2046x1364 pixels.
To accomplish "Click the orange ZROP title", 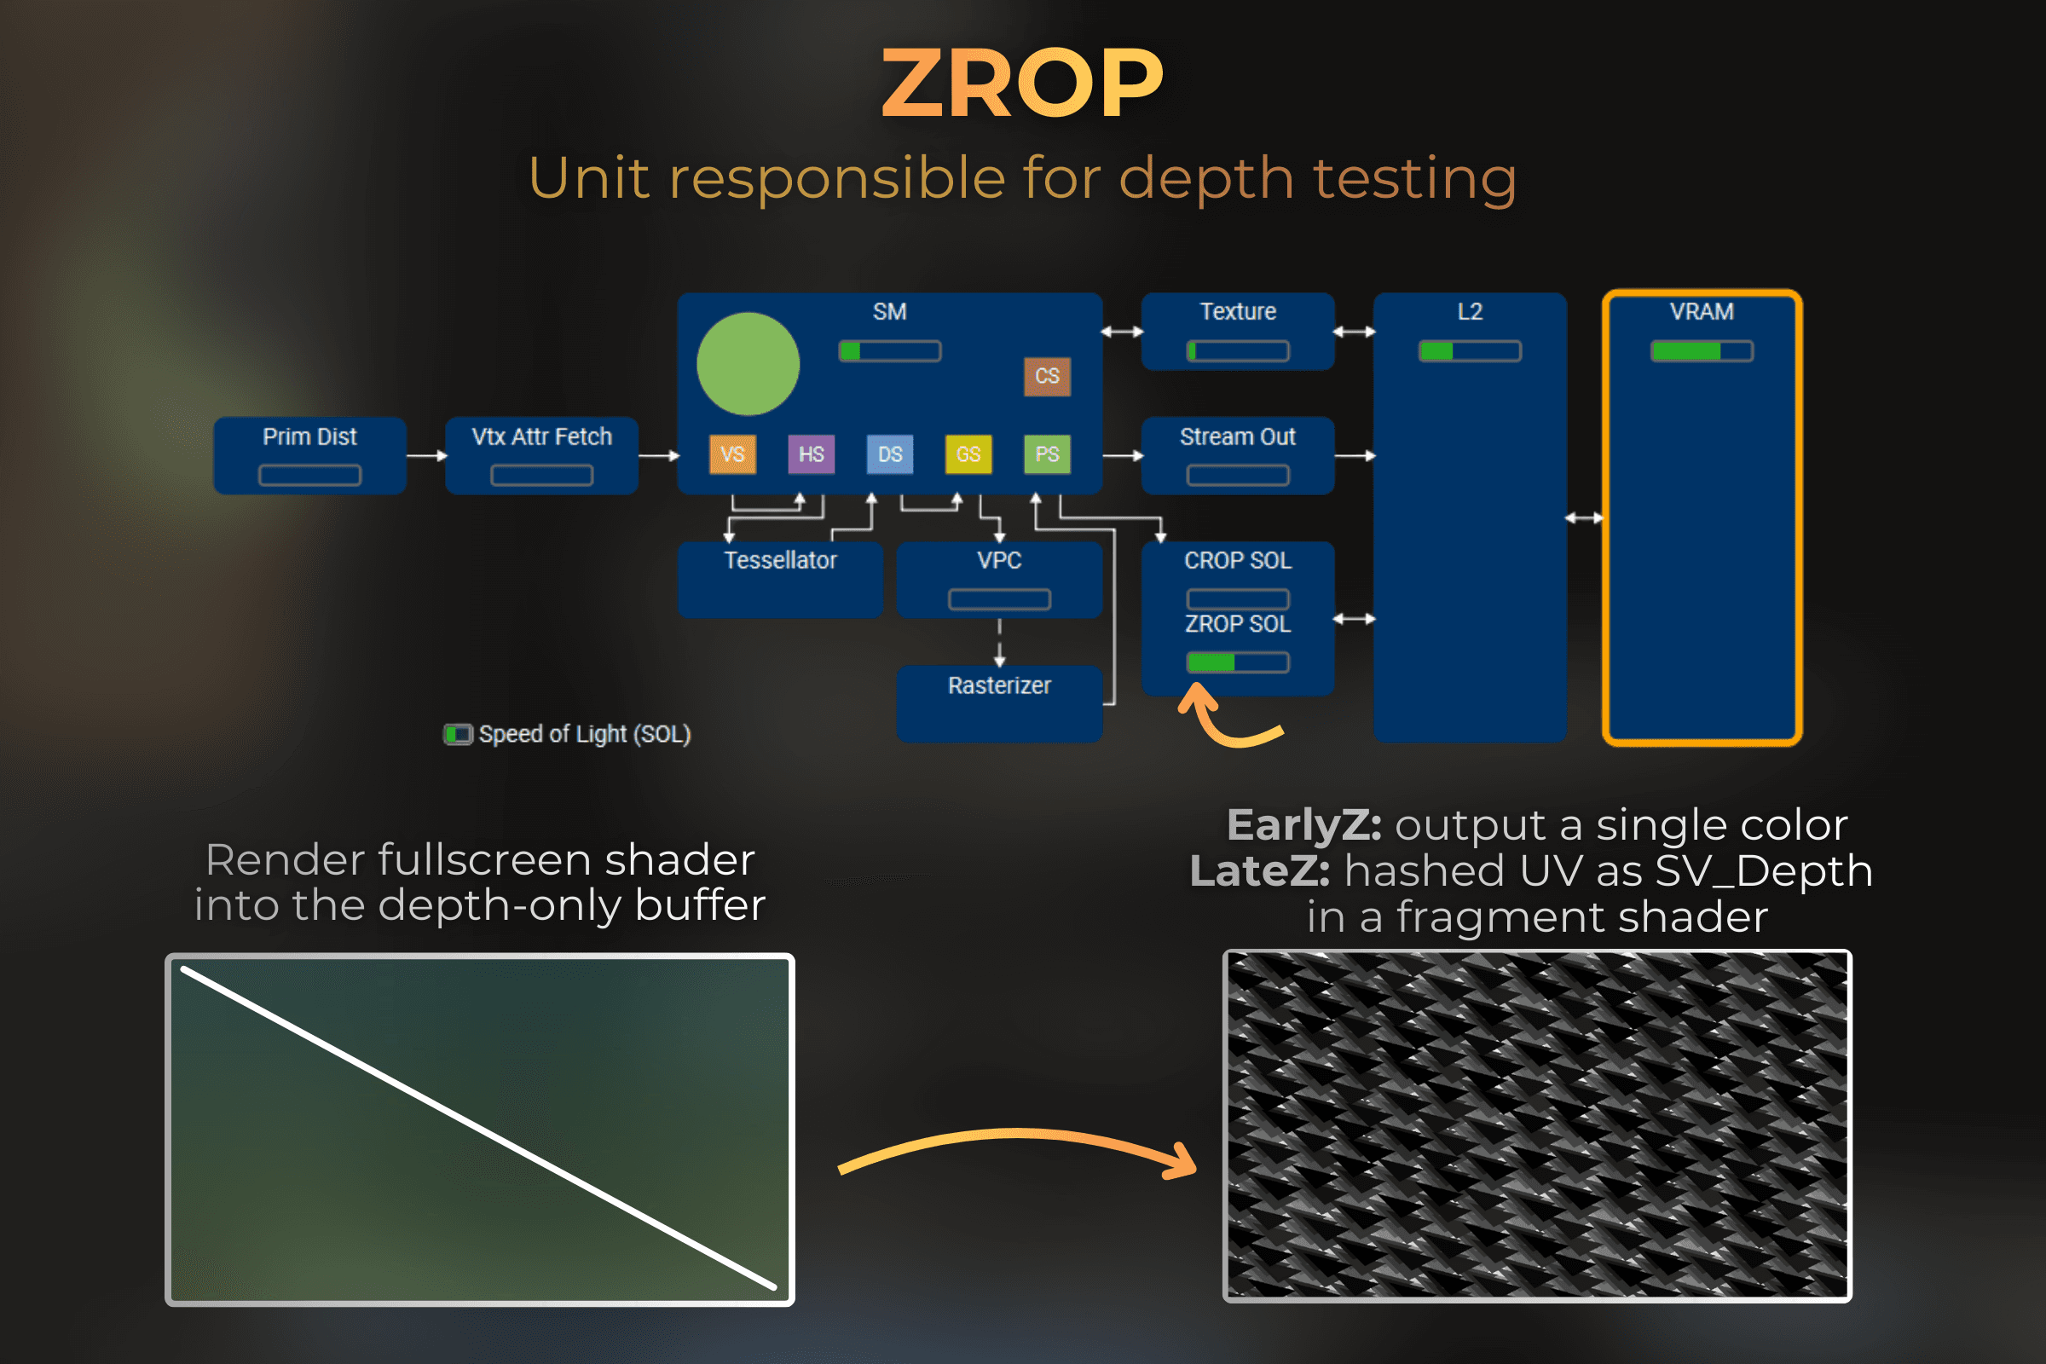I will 1022,84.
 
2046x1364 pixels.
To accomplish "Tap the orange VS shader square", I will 732,454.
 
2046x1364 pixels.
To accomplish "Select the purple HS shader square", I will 811,454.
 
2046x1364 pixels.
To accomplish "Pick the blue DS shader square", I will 890,454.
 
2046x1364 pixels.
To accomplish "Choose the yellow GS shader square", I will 968,454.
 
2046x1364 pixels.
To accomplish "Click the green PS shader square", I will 1048,454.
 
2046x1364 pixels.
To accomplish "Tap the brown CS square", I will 1048,376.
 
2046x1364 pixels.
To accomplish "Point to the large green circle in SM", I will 748,364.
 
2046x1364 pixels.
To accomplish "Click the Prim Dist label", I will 309,436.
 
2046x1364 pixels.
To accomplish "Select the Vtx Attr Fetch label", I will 541,436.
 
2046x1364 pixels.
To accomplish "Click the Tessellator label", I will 780,560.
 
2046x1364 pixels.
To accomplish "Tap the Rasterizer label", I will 998,685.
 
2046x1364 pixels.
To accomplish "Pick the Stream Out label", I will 1237,436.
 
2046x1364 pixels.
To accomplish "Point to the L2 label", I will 1469,311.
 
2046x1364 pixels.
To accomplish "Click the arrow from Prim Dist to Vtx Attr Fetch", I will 426,456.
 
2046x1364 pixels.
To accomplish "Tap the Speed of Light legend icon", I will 458,734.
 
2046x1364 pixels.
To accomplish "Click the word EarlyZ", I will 1303,824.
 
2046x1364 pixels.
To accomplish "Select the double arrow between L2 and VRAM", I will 1584,518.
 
